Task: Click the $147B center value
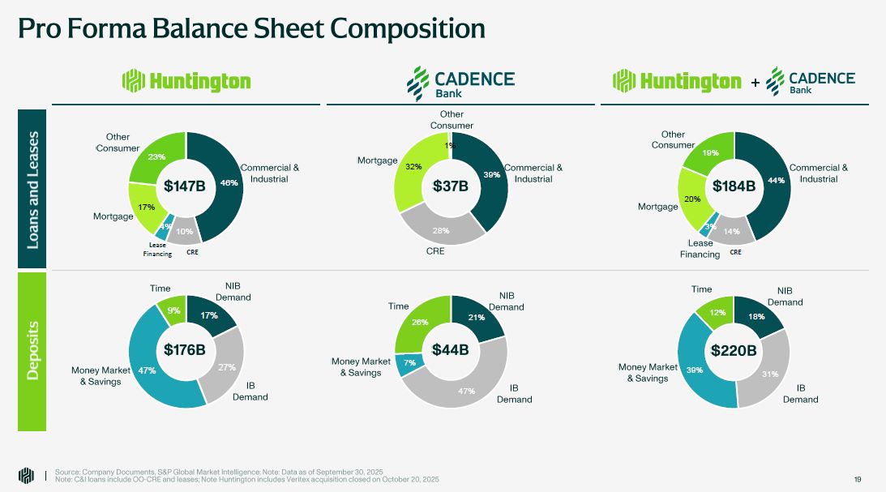point(186,186)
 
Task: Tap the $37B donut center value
point(451,186)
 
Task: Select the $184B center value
point(734,186)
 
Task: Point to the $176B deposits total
point(185,350)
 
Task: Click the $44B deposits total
point(451,350)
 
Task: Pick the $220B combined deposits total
point(734,350)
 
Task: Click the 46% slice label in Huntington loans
point(229,183)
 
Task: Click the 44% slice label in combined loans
point(777,181)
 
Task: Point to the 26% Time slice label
point(420,323)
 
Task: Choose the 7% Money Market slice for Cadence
point(410,363)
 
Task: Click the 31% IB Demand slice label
point(770,374)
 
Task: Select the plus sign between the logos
point(755,83)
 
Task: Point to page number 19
point(858,479)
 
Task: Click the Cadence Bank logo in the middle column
point(460,82)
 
